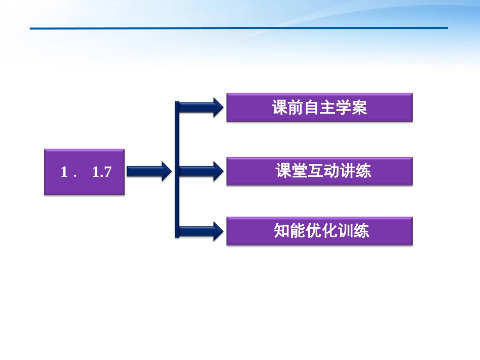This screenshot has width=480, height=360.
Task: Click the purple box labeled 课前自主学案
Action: pos(319,108)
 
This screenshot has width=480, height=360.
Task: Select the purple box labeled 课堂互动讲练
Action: pos(319,171)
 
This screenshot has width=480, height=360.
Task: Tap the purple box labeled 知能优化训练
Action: pos(319,231)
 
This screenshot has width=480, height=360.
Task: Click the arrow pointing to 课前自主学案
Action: pos(202,107)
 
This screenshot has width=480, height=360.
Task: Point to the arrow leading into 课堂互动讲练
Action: pos(202,171)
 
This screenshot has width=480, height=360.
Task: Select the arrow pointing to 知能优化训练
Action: pos(202,231)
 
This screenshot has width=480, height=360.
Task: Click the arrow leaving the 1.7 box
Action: pos(148,172)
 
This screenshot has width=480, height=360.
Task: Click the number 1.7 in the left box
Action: pos(102,172)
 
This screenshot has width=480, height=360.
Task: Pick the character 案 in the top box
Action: pos(359,108)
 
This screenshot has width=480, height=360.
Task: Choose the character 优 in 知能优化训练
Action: pos(313,231)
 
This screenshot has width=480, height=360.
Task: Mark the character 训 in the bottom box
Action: pos(345,231)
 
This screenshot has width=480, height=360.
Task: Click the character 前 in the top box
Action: pos(296,108)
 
